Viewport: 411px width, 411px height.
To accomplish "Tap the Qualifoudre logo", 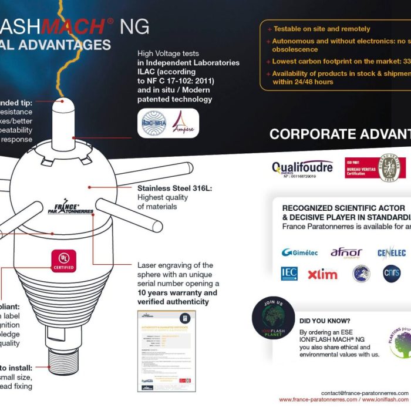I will point(302,169).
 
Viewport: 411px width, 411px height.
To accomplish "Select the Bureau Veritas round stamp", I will point(391,169).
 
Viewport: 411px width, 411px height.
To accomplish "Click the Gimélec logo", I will point(299,252).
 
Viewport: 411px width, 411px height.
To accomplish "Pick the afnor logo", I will point(346,252).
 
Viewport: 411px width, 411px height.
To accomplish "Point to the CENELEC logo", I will point(392,253).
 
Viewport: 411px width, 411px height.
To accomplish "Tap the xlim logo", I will point(322,274).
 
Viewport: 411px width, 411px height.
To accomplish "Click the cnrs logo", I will point(392,274).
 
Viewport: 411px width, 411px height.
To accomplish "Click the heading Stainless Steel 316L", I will point(174,188).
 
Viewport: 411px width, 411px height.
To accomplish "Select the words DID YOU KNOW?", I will point(325,321).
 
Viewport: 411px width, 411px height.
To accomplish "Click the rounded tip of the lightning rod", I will point(63,107).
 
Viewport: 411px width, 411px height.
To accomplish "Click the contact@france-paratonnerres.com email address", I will point(365,392).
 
